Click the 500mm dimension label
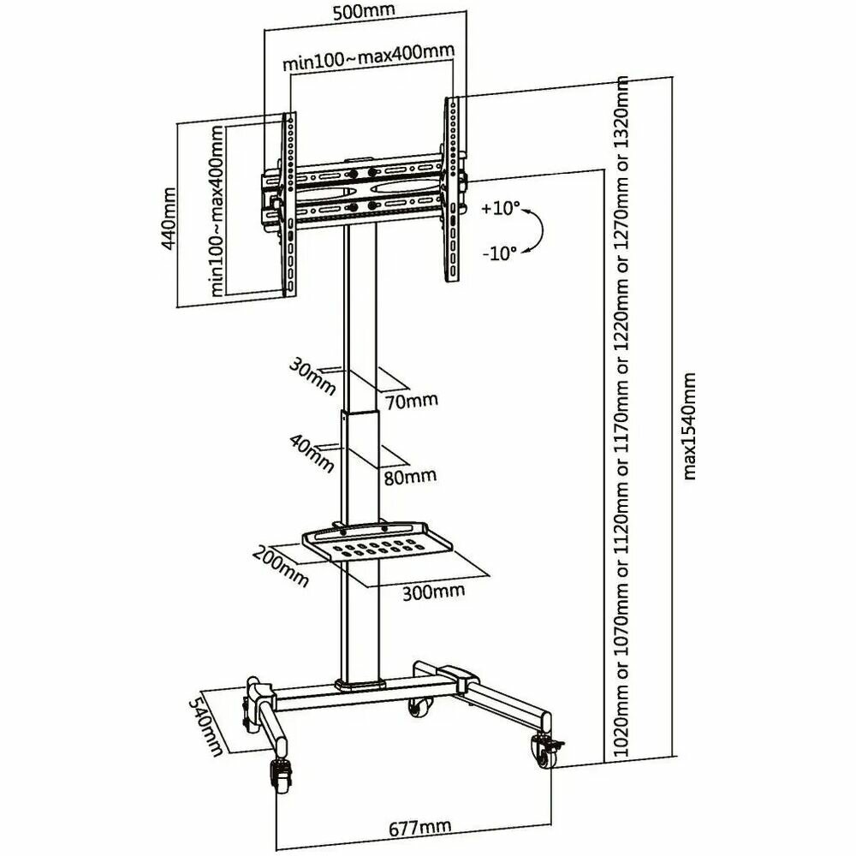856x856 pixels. click(x=366, y=13)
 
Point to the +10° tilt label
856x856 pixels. click(x=500, y=208)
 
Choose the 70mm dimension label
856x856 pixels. click(x=412, y=400)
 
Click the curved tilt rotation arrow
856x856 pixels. click(x=536, y=230)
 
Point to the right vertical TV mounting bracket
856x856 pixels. click(x=451, y=188)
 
